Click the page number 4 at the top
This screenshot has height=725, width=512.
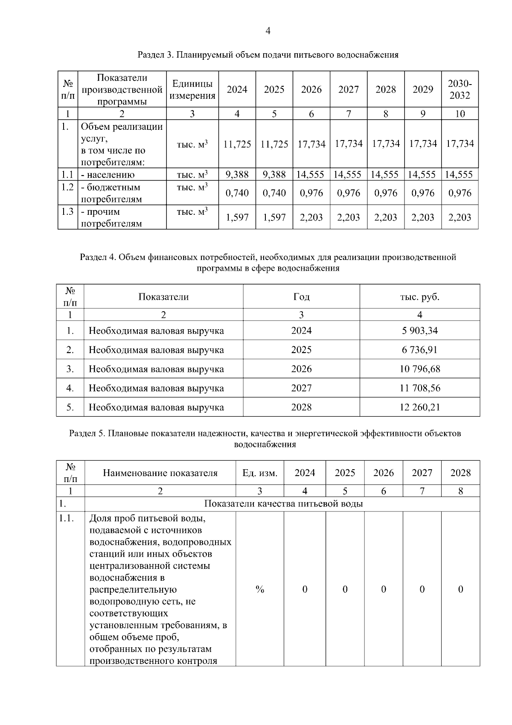coord(268,31)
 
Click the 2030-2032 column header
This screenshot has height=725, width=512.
coord(460,89)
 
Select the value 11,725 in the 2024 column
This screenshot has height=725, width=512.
coord(237,144)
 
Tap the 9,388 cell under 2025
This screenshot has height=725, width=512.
coord(274,174)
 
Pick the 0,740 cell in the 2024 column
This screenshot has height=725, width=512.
coord(237,193)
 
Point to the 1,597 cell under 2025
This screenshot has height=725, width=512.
coord(274,217)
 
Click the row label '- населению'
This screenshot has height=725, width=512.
coord(108,175)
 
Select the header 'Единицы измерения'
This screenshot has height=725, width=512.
coord(192,89)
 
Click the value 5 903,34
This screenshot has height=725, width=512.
coord(419,330)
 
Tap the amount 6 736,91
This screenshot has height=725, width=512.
coord(419,350)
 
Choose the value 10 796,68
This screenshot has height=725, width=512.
coord(419,369)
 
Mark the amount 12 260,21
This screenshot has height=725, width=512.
coord(419,407)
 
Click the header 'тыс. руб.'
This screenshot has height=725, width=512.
coord(419,297)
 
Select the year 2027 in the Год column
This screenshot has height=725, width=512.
coord(301,388)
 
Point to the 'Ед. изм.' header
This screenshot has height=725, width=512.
coord(260,473)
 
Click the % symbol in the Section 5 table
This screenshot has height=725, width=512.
coord(260,589)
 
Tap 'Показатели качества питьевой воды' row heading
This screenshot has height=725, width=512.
coord(283,504)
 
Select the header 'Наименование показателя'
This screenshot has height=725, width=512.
coord(160,473)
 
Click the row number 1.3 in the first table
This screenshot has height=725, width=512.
coord(67,212)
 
